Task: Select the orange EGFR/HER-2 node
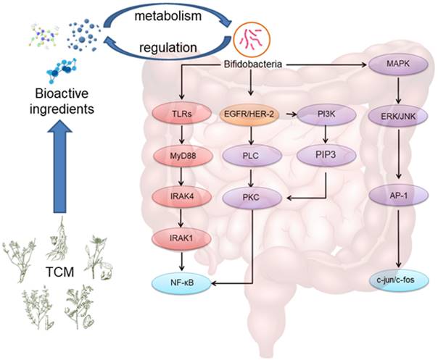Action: point(250,114)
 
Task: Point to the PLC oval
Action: point(250,155)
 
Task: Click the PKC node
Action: point(250,196)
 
